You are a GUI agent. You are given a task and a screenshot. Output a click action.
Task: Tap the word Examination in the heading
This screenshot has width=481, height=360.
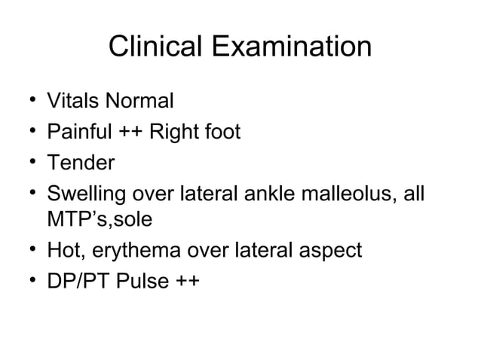point(291,47)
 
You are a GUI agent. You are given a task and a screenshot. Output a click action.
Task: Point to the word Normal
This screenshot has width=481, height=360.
point(138,100)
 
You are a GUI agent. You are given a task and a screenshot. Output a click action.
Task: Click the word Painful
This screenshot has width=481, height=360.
point(78,133)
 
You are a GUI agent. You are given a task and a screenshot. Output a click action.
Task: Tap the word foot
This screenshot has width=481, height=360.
point(223,133)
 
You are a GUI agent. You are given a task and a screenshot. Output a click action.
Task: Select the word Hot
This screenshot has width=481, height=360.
point(64,251)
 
